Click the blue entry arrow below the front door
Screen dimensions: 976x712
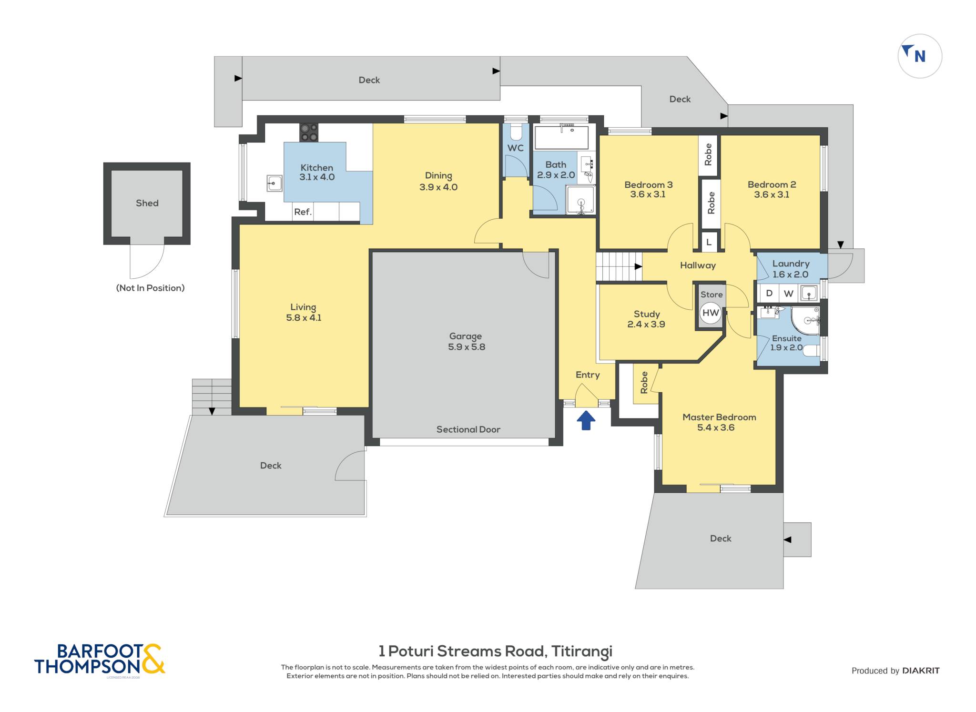[586, 421]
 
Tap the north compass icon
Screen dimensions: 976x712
[920, 56]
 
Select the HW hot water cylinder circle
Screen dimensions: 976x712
[711, 313]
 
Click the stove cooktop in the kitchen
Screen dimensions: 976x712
[309, 132]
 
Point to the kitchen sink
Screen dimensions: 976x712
[274, 183]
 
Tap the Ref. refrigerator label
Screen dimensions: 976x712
[303, 212]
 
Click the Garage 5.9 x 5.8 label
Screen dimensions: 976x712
[466, 342]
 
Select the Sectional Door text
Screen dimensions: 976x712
[468, 429]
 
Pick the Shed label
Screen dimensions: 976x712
[147, 203]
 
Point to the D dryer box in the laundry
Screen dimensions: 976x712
[768, 293]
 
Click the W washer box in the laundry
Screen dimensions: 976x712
[789, 293]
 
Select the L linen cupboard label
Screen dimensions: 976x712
[709, 242]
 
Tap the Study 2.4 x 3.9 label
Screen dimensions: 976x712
[646, 319]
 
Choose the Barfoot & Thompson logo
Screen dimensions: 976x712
[100, 659]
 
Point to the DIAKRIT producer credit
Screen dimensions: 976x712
[921, 671]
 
